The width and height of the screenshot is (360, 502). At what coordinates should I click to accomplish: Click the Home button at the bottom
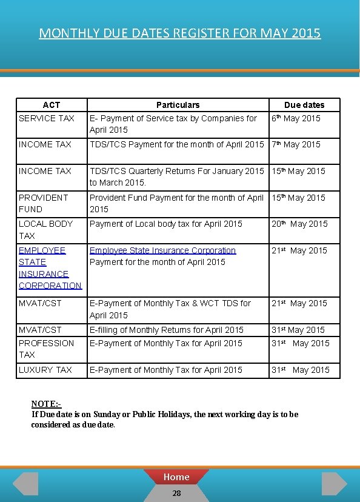tap(176, 477)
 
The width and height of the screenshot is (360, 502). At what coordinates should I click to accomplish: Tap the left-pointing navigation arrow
tap(25, 483)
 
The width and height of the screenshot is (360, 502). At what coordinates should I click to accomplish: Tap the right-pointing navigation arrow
tap(334, 483)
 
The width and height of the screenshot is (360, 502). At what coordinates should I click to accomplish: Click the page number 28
tap(176, 494)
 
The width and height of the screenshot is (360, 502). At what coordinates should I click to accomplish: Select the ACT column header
tap(52, 105)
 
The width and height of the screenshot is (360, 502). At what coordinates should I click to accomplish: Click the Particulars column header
tap(178, 105)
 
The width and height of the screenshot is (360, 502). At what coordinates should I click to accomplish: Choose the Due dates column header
tap(304, 105)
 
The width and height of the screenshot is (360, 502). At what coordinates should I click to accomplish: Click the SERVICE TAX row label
tap(47, 118)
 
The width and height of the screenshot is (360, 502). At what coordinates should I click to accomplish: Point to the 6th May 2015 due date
tap(296, 118)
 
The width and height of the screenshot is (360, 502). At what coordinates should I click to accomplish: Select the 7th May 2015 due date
tap(296, 144)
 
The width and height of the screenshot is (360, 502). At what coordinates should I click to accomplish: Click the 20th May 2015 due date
tap(299, 224)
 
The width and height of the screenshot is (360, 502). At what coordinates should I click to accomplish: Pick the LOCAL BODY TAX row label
tap(45, 229)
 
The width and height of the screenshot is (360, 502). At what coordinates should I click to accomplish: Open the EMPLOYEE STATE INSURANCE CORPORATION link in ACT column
tap(50, 267)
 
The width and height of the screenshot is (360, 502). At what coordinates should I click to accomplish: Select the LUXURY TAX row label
tap(45, 370)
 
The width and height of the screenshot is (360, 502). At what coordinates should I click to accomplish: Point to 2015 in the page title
tap(305, 33)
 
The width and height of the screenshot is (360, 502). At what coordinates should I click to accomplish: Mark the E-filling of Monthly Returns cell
tap(167, 330)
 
